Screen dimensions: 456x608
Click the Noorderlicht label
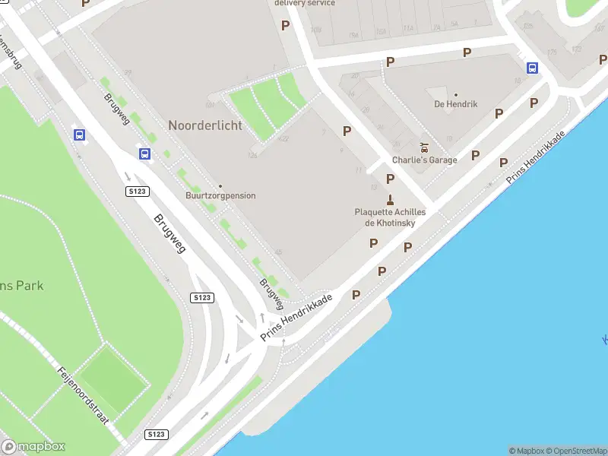tap(205, 125)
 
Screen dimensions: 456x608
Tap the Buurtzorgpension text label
tap(220, 196)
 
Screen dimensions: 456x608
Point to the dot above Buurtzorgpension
tap(220, 186)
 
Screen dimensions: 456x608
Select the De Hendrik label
tap(456, 104)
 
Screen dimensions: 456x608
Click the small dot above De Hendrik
tap(456, 95)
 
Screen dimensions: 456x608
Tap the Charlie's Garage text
tap(425, 160)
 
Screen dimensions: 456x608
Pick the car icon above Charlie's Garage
tap(425, 147)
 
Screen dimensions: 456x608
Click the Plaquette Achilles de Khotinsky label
tap(390, 217)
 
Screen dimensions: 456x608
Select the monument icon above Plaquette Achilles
tap(390, 200)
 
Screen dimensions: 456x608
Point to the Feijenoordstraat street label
tap(84, 395)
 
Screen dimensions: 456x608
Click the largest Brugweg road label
tap(169, 233)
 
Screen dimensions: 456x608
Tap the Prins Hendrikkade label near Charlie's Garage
tap(537, 157)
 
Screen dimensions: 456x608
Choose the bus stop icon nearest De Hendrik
tap(533, 68)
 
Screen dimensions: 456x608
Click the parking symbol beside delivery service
tap(286, 25)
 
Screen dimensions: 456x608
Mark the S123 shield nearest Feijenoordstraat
tap(156, 434)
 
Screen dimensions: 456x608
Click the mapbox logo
tap(33, 446)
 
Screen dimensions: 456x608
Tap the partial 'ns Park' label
tap(21, 286)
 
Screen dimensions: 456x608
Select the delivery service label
tap(304, 3)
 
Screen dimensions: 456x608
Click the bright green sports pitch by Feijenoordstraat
tap(114, 376)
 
